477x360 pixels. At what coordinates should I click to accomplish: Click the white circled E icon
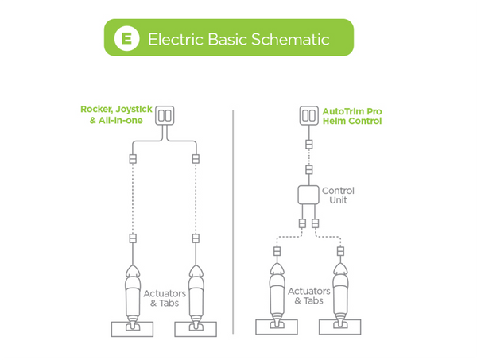[125, 38]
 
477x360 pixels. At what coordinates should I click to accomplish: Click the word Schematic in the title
[285, 38]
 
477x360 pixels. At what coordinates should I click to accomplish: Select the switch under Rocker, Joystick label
[164, 116]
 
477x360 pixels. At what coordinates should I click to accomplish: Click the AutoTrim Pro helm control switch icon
[309, 116]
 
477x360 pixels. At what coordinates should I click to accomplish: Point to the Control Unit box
[308, 196]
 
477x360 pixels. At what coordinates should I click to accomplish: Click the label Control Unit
[338, 196]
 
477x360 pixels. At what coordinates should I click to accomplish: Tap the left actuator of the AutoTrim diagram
[277, 290]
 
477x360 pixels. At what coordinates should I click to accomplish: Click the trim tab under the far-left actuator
[132, 328]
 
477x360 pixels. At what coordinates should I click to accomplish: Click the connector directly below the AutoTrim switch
[309, 145]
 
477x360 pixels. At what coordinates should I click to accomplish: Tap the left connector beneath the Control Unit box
[302, 223]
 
